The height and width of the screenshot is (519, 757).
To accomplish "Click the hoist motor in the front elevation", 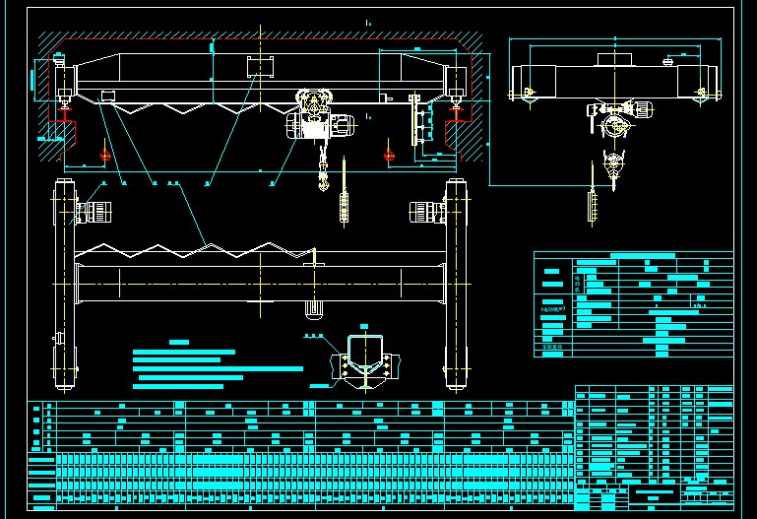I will point(341,125).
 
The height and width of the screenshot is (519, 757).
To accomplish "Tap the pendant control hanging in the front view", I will point(344,207).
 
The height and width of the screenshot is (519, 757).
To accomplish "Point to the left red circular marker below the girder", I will point(106,154).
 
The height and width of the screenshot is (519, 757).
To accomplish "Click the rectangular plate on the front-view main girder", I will point(261,66).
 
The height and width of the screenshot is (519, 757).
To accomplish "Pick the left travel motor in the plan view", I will point(96,212).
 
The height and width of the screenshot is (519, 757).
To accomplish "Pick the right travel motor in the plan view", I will point(424,212).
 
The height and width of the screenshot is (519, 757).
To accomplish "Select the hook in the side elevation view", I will point(615,168).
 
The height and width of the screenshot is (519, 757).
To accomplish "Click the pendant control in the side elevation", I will point(593,207).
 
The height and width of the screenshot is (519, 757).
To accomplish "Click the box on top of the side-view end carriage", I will point(613,59).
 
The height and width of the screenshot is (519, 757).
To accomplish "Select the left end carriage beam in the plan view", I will point(67,286).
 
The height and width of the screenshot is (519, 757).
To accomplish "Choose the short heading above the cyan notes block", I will point(178,342).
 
